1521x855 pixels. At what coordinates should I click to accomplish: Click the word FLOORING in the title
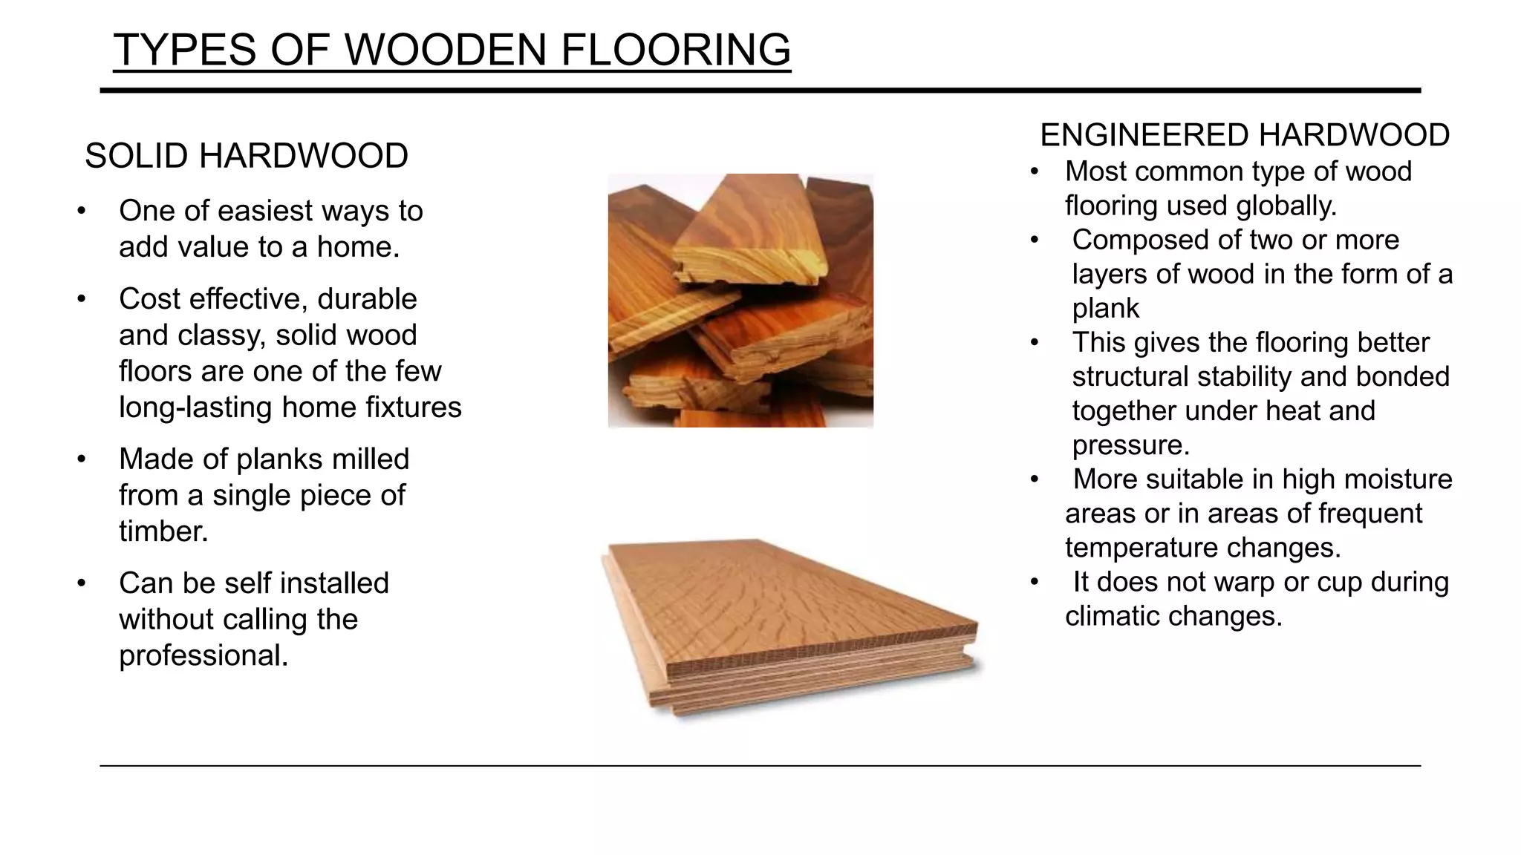675,50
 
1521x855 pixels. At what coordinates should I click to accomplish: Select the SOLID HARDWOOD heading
247,156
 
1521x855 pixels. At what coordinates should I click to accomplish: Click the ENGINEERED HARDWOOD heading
1245,135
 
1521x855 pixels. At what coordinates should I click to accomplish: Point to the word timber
163,531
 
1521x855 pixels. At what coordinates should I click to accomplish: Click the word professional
203,655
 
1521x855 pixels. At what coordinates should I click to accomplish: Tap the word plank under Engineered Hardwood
1105,308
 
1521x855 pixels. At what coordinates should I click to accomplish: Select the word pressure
1130,445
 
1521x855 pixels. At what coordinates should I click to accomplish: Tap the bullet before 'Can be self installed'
82,583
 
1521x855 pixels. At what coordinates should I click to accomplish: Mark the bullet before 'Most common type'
1034,172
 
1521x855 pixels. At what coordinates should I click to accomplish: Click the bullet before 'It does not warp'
1034,583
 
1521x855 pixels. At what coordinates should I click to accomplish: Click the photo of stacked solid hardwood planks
740,301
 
